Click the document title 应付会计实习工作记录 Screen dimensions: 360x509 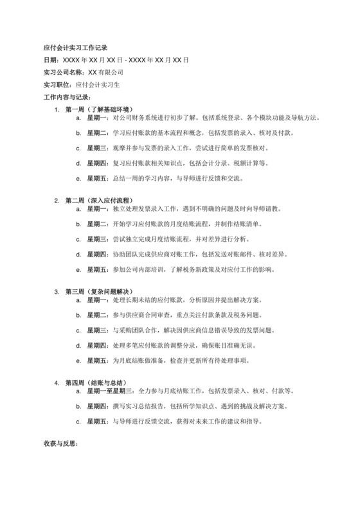pyautogui.click(x=75, y=47)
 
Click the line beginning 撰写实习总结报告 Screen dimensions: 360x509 pyautogui.click(x=200, y=407)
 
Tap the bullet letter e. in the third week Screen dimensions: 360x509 pyautogui.click(x=79, y=361)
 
